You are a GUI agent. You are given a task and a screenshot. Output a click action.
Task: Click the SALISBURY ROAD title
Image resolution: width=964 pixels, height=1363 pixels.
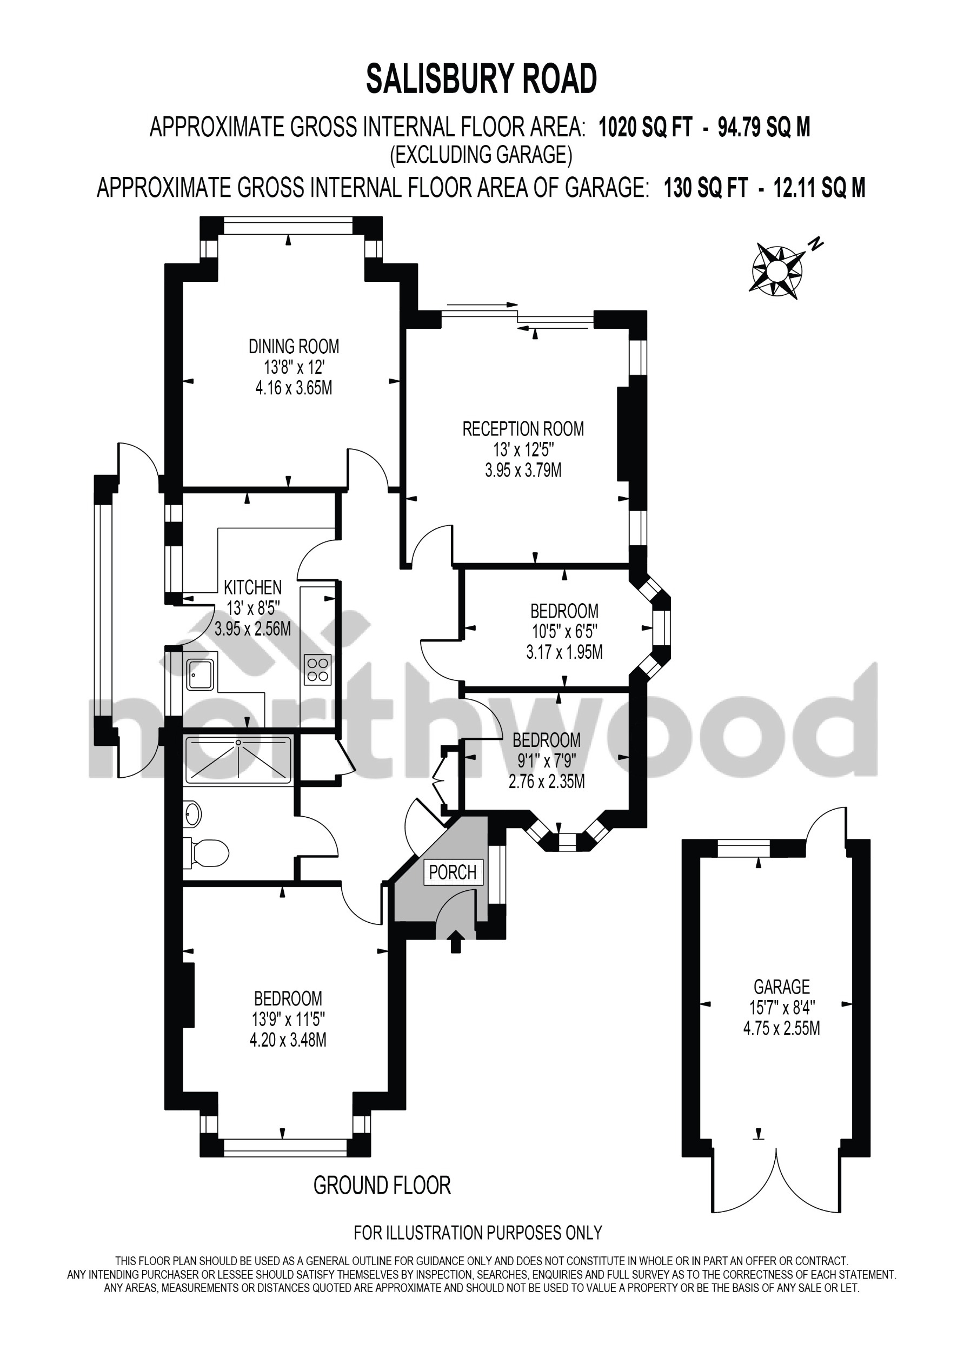tap(481, 80)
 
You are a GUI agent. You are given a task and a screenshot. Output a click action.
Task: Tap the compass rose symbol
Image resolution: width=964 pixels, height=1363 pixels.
tap(777, 270)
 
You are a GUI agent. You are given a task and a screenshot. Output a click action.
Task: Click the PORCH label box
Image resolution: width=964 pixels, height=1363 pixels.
tap(453, 872)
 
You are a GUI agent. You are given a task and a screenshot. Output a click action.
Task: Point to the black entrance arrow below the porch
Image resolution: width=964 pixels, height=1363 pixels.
tap(455, 941)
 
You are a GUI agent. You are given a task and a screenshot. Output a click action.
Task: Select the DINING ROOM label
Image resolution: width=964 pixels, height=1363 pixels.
tap(293, 346)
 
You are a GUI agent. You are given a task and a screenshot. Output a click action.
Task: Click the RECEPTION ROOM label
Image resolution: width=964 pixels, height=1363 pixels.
tap(523, 429)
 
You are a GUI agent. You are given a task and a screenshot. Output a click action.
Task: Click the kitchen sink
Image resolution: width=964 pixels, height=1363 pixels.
tap(200, 674)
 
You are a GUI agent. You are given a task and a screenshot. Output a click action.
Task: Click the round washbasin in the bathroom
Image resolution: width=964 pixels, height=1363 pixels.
tap(193, 813)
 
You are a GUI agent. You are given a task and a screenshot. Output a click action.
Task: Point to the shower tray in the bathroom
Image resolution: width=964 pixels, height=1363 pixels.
tap(238, 760)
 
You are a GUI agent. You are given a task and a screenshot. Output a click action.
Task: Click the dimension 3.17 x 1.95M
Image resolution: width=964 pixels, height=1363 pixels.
tap(564, 652)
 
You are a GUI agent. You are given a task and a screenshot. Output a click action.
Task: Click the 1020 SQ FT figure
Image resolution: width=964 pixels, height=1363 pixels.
tap(644, 128)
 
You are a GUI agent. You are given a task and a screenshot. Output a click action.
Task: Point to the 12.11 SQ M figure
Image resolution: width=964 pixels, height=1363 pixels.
tap(819, 188)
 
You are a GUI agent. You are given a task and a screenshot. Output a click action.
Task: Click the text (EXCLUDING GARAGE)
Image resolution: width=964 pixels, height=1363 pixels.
tap(481, 155)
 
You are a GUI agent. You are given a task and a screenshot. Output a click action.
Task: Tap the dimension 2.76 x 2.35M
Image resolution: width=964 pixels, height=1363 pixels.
tap(546, 781)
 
